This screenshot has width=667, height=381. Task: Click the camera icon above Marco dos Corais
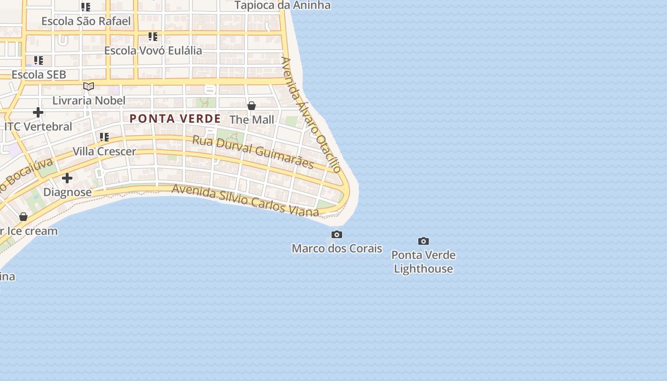[337, 235]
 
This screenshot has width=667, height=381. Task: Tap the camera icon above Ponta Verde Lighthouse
[423, 241]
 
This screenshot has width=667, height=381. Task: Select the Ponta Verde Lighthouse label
[423, 262]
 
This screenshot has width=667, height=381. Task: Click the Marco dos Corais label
[337, 249]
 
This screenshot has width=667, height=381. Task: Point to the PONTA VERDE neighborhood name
[175, 119]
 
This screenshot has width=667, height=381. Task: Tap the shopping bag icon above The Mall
[252, 106]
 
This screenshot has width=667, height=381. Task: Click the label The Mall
[252, 120]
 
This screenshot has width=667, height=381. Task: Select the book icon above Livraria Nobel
[89, 87]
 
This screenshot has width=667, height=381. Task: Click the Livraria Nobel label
[89, 100]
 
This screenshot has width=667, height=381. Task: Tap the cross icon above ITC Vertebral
[38, 113]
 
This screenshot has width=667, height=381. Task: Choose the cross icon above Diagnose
[67, 178]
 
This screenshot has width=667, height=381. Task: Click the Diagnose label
[67, 192]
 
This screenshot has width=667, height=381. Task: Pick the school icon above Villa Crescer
[104, 138]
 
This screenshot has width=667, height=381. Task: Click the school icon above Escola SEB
[39, 61]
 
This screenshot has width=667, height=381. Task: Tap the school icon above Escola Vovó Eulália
[153, 37]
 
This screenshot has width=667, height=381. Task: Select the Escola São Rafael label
[86, 21]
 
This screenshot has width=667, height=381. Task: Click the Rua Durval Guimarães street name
[253, 152]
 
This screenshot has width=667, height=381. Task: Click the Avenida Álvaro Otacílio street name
[311, 115]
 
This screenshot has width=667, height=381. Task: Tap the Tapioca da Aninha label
[283, 6]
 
